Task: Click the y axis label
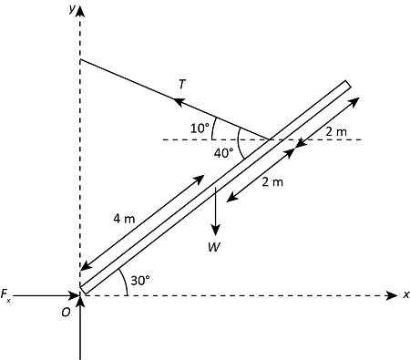click(x=71, y=8)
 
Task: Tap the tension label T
click(x=182, y=84)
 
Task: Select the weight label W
click(x=214, y=246)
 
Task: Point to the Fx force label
click(x=6, y=294)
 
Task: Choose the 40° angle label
click(x=223, y=153)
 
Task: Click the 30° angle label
click(x=140, y=281)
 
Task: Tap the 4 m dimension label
click(x=124, y=219)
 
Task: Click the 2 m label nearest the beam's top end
click(x=335, y=133)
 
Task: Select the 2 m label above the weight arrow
click(x=272, y=182)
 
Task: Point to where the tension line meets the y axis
click(x=81, y=60)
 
